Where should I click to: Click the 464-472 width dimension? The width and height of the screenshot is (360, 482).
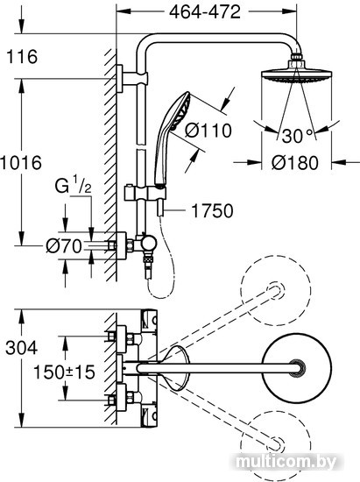tap(205, 12)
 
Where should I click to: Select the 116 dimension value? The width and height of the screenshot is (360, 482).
tap(22, 57)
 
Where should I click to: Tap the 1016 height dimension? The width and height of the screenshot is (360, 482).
tap(21, 163)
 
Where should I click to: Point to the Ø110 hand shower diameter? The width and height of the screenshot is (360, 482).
tap(208, 131)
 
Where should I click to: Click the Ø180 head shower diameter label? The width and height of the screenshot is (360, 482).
tap(295, 163)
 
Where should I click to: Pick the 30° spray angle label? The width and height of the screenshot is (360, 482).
tap(297, 136)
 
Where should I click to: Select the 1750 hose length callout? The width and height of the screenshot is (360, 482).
tap(212, 211)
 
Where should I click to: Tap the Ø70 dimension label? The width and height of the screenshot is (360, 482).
tap(64, 246)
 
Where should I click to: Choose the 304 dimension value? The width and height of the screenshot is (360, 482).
tap(22, 348)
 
